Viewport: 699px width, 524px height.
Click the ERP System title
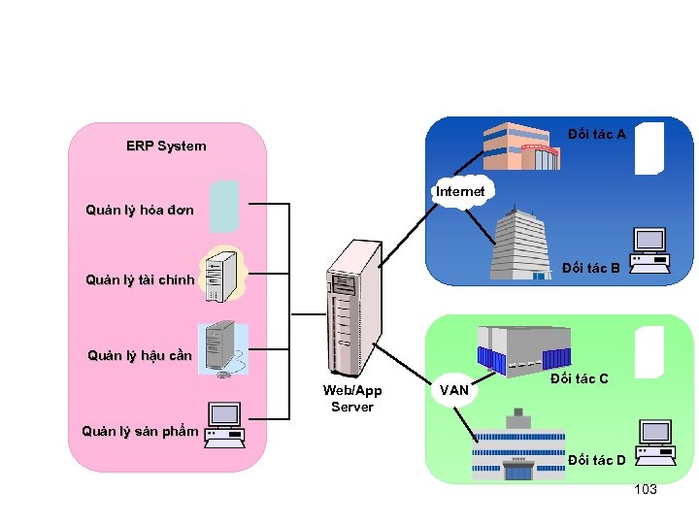click(x=166, y=147)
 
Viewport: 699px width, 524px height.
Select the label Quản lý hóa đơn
click(x=140, y=210)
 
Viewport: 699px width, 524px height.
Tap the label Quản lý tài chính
click(x=140, y=281)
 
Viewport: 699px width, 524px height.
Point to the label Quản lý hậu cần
click(x=140, y=355)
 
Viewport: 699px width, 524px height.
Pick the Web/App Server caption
click(x=352, y=398)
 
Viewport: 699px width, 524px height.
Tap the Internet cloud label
click(x=460, y=192)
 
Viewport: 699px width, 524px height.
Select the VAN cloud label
click(x=454, y=391)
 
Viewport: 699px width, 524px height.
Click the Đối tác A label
click(x=597, y=134)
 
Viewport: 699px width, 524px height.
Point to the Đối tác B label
click(x=591, y=268)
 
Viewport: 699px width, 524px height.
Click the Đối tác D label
click(x=596, y=459)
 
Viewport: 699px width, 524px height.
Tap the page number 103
click(x=645, y=489)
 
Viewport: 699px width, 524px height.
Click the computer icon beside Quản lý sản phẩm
click(x=224, y=424)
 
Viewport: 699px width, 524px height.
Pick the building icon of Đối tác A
click(x=522, y=147)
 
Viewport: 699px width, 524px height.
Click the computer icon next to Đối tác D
click(x=655, y=442)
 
